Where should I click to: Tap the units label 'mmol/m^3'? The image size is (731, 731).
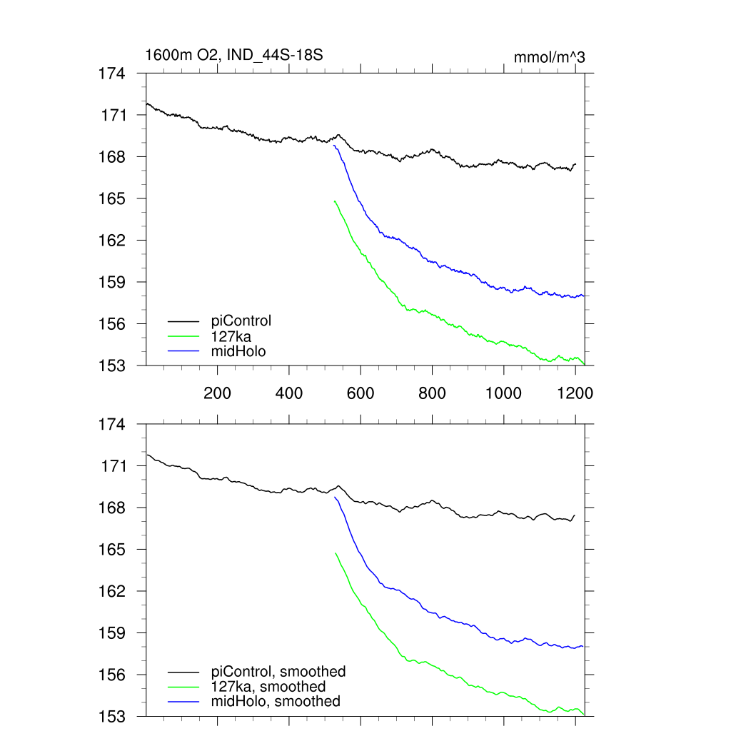click(549, 57)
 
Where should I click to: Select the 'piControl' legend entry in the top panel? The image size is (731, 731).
click(242, 321)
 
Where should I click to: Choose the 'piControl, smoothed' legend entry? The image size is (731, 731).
click(278, 671)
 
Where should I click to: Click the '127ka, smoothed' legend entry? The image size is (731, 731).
click(268, 686)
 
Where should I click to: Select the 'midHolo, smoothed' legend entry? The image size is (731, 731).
click(276, 701)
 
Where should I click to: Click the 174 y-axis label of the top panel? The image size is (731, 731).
click(112, 74)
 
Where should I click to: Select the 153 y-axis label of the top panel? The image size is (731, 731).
click(112, 365)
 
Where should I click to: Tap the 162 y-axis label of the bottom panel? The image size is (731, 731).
click(112, 591)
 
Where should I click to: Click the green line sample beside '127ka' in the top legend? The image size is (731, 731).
click(183, 336)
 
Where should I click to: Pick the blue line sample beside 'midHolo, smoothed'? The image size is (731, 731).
click(183, 702)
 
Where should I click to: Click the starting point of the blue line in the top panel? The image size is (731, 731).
click(335, 146)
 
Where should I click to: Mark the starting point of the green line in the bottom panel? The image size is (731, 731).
click(335, 553)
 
